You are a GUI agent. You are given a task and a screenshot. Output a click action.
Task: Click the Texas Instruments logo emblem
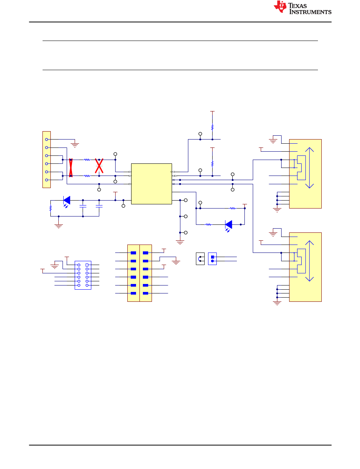[x=280, y=7]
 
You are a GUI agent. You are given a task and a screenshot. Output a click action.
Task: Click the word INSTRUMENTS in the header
[x=310, y=12]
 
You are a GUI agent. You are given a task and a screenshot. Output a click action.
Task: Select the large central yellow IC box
[x=152, y=184]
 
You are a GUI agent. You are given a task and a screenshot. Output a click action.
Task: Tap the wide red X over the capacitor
[x=99, y=166]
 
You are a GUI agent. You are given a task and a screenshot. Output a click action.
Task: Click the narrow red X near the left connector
[x=71, y=168]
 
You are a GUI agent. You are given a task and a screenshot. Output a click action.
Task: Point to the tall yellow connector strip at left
[x=47, y=160]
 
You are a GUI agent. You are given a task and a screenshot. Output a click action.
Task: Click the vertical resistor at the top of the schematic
[x=212, y=127]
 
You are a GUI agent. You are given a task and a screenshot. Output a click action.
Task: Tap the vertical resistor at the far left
[x=50, y=208]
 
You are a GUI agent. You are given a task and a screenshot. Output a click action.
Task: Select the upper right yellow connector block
[x=305, y=174]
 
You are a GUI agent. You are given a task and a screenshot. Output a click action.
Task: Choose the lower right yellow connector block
[x=305, y=267]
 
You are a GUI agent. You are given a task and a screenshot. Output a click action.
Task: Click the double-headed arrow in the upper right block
[x=309, y=168]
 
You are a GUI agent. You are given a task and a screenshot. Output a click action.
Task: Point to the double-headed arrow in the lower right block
[x=309, y=261]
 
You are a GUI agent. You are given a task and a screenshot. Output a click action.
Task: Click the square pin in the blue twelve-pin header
[x=87, y=265]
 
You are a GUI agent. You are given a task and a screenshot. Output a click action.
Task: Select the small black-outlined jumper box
[x=200, y=259]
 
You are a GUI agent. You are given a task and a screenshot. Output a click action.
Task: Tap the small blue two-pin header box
[x=212, y=259]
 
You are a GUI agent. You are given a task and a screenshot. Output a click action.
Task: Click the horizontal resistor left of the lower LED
[x=208, y=224]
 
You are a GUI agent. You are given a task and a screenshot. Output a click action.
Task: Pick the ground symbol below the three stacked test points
[x=180, y=242]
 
